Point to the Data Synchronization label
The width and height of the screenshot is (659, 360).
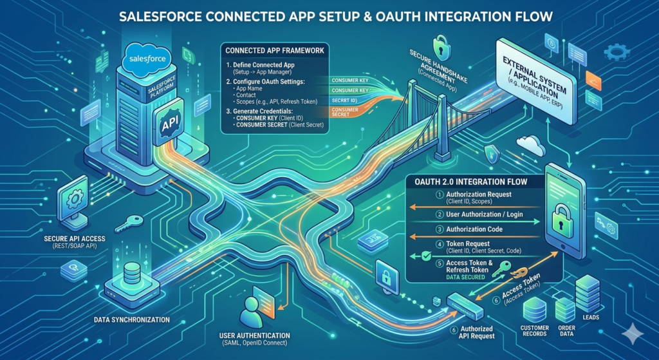click(x=133, y=319)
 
